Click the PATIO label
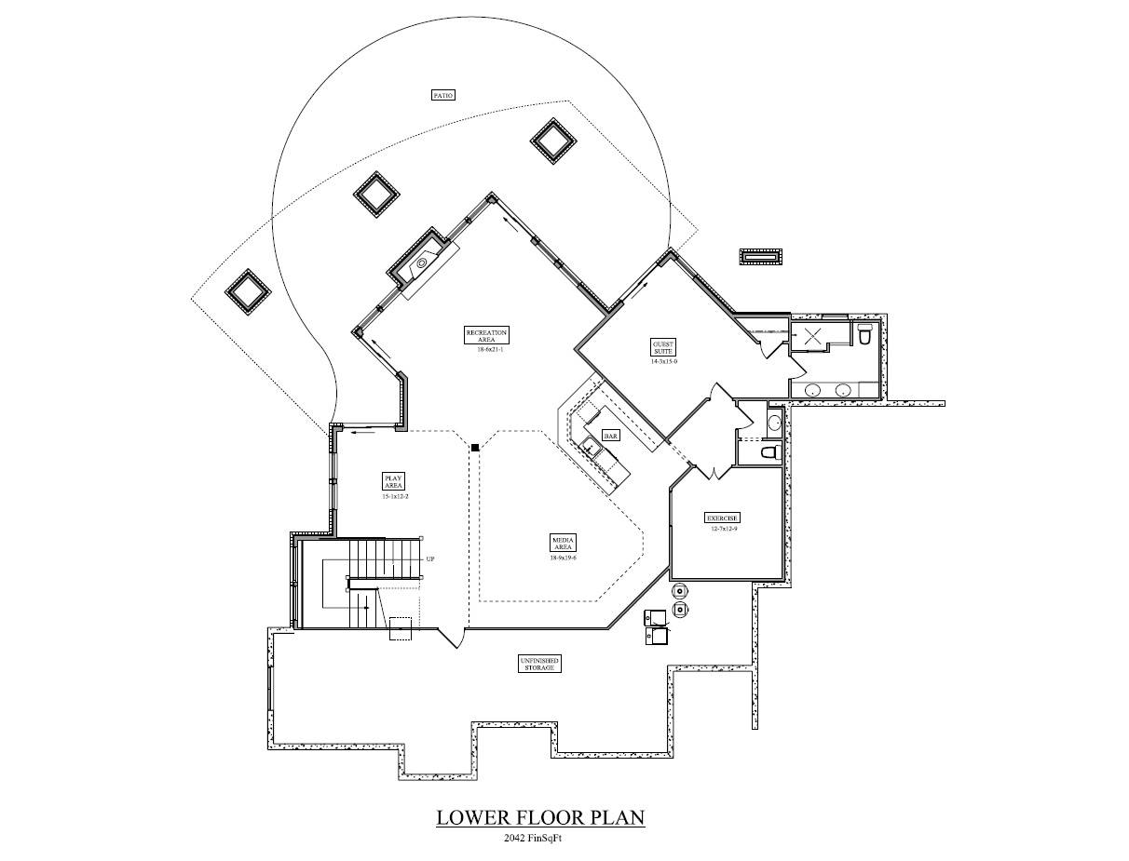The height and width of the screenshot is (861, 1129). (x=443, y=95)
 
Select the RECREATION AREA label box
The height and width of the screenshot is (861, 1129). (x=487, y=336)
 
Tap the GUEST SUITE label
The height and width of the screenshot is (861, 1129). (x=663, y=347)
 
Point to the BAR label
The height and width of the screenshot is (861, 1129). (x=611, y=436)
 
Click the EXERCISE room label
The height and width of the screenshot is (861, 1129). (x=722, y=518)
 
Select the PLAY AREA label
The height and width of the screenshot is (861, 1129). (x=393, y=481)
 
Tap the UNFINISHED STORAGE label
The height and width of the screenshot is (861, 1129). (x=539, y=664)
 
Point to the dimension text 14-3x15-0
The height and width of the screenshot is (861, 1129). (x=663, y=362)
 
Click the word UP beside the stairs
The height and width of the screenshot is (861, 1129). (x=430, y=559)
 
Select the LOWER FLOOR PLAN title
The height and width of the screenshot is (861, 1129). (x=540, y=818)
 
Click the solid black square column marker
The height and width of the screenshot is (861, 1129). (x=475, y=448)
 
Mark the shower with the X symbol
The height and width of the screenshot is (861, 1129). (x=812, y=337)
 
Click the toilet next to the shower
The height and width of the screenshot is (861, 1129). (x=864, y=334)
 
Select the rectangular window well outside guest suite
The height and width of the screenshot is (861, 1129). (x=762, y=256)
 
